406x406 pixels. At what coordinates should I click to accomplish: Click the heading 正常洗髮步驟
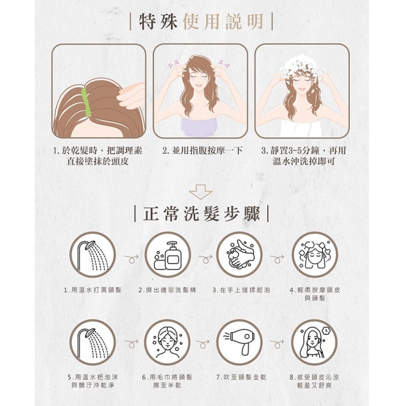point(201,214)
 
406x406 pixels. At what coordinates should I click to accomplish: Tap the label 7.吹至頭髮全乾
point(241,377)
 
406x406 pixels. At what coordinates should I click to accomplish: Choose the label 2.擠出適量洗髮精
point(167,290)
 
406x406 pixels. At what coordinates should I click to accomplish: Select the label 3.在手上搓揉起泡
point(241,290)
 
